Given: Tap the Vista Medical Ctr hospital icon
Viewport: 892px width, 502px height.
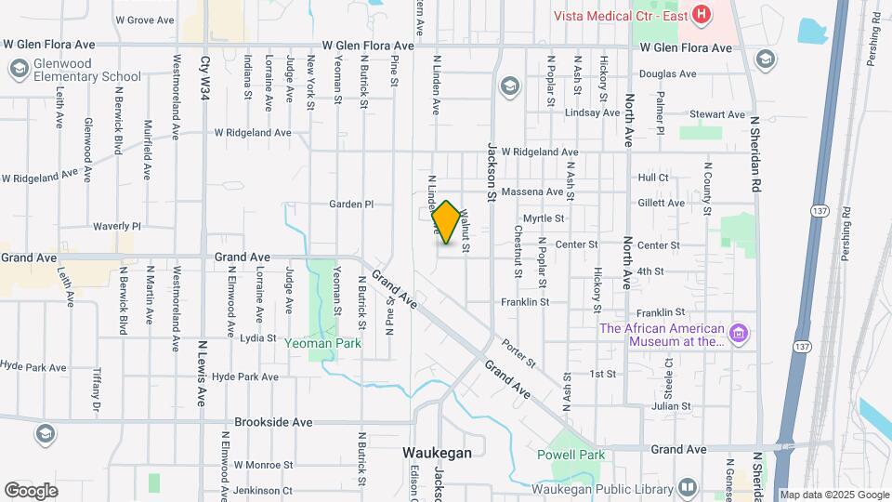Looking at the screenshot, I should (702, 15).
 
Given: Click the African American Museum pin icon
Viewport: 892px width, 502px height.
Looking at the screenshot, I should (739, 334).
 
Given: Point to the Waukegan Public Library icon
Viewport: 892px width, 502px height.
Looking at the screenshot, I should (688, 488).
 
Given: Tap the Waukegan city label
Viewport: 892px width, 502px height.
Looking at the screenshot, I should (437, 453).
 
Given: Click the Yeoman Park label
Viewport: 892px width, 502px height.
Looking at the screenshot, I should (323, 343).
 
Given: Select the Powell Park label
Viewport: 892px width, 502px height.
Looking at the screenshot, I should (571, 455).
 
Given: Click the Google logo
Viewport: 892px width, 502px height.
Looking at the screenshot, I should (32, 490).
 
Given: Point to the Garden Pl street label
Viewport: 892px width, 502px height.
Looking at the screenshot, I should (351, 204).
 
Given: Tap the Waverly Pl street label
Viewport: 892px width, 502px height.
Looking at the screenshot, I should (116, 226).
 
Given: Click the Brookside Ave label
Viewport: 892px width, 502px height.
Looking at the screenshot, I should (273, 421).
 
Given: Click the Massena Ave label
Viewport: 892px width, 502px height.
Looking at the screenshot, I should (532, 192).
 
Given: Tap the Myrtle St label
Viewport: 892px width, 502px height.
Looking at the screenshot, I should (544, 218).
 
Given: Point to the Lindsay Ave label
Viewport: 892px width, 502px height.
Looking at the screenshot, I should (592, 113).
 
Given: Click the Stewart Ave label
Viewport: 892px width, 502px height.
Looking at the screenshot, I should (717, 114).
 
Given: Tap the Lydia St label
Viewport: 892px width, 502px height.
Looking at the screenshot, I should (258, 338).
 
